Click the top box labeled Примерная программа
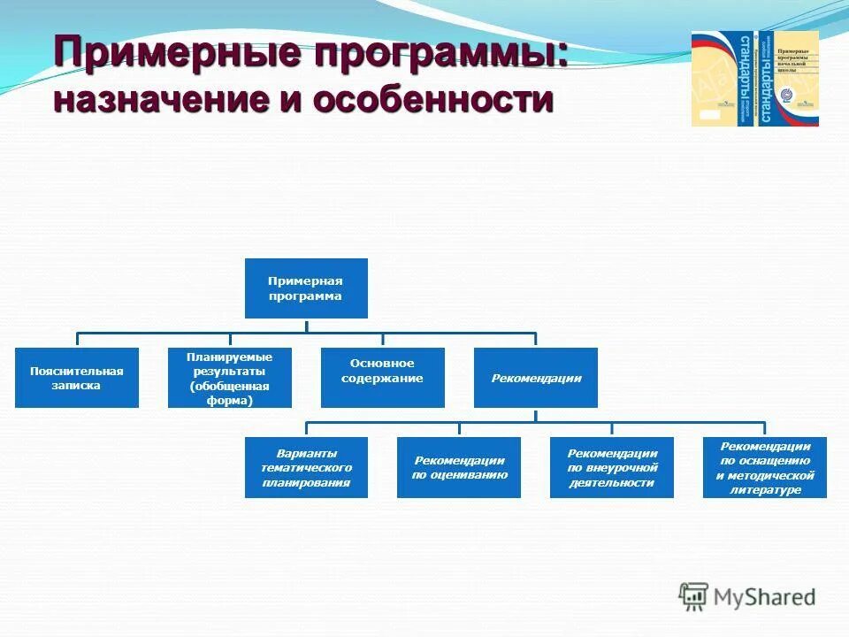pyautogui.click(x=305, y=288)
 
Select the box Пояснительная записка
pyautogui.click(x=76, y=378)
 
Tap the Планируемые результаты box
pyautogui.click(x=229, y=378)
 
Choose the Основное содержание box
pyautogui.click(x=382, y=378)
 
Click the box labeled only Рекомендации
pyautogui.click(x=535, y=378)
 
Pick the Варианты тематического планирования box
pyautogui.click(x=306, y=467)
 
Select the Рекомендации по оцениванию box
pyautogui.click(x=458, y=467)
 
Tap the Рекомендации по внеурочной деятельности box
pyautogui.click(x=612, y=467)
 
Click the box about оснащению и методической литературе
pyautogui.click(x=764, y=467)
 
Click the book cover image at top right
pyautogui.click(x=754, y=78)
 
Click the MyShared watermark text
pyautogui.click(x=765, y=597)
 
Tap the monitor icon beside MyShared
pyautogui.click(x=694, y=596)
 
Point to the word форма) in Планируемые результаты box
pyautogui.click(x=229, y=401)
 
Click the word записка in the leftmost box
pyautogui.click(x=76, y=386)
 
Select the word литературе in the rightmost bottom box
pyautogui.click(x=764, y=489)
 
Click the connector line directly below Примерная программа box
pyautogui.click(x=306, y=326)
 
